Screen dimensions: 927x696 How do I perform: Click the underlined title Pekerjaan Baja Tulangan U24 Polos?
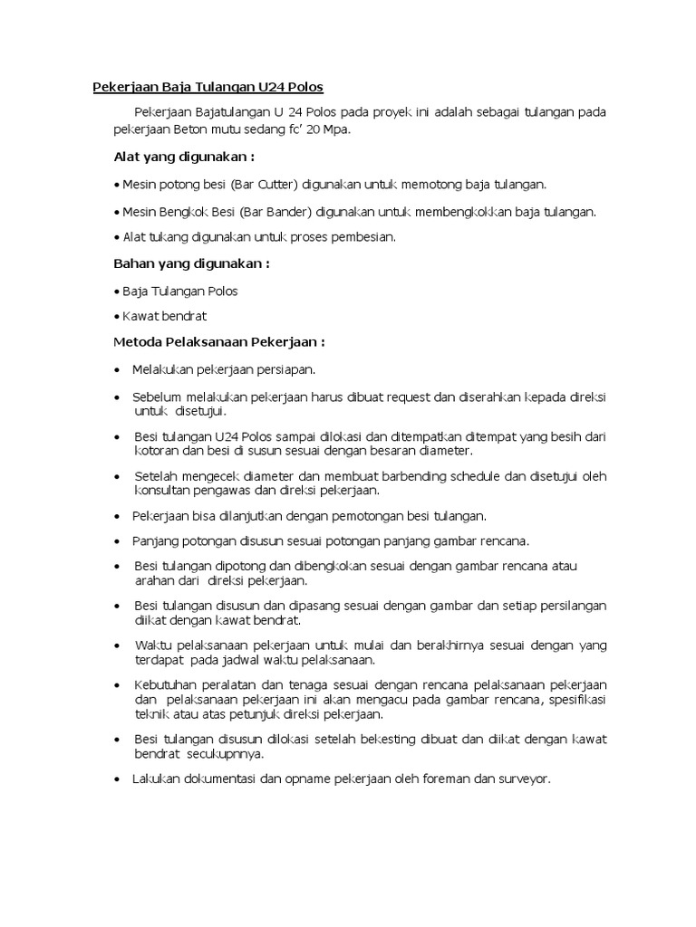(208, 88)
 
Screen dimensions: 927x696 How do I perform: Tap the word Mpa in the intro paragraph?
(335, 129)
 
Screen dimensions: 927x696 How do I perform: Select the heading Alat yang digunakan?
(178, 157)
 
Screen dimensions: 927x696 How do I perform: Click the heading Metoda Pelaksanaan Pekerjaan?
(218, 343)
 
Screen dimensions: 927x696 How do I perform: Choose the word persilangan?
(573, 605)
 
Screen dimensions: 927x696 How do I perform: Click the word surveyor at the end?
(522, 779)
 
